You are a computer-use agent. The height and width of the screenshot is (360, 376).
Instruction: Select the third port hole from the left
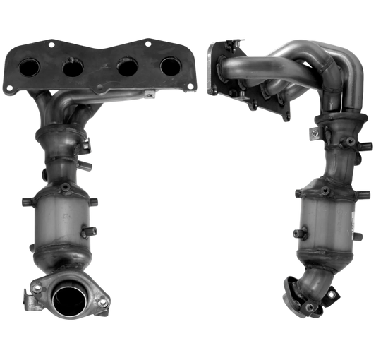pos(127,71)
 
